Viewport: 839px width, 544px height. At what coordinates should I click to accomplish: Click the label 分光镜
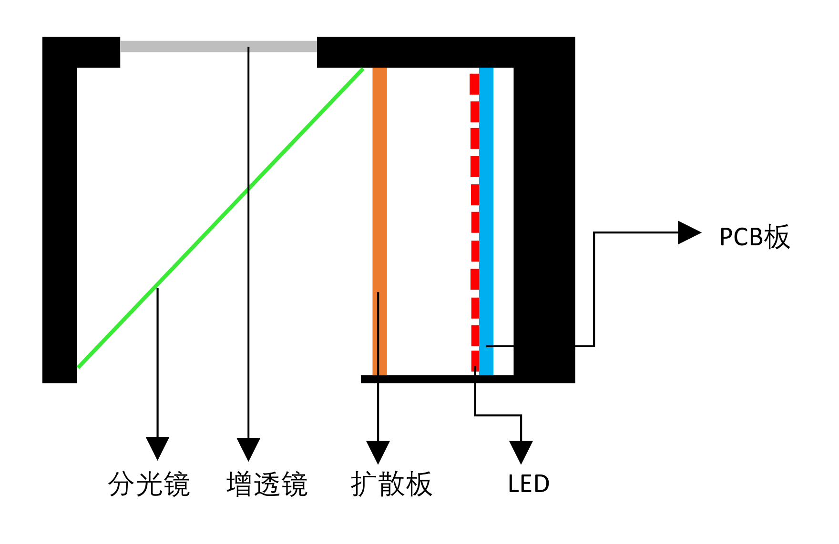[x=149, y=484]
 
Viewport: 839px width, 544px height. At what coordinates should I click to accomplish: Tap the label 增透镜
[x=266, y=484]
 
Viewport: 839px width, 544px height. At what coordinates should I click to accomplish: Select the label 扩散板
[x=391, y=484]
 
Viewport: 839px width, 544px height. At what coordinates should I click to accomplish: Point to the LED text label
[x=529, y=484]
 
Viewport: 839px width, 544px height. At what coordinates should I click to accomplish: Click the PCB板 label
[x=754, y=237]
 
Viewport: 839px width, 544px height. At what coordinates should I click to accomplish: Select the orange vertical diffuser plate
[x=379, y=191]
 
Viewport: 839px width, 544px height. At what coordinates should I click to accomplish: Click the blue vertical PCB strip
[x=486, y=214]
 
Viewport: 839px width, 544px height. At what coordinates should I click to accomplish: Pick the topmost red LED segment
[x=474, y=84]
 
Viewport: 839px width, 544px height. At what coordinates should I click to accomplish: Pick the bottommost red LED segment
[x=475, y=361]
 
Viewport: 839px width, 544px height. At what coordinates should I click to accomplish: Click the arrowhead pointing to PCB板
[x=688, y=232]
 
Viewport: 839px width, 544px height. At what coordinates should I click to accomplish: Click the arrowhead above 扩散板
[x=378, y=451]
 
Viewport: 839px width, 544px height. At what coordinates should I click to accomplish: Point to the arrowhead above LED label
[x=521, y=451]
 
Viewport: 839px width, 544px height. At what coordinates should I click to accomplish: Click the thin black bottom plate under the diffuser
[x=429, y=379]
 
